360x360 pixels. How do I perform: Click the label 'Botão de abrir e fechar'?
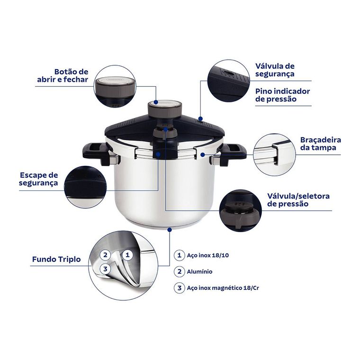[x=63, y=75]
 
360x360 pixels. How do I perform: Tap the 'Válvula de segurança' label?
[x=275, y=70]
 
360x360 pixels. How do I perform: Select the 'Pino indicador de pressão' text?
[x=283, y=95]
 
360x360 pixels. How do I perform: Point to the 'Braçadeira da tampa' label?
[x=321, y=144]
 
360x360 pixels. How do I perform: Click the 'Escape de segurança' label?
[x=38, y=179]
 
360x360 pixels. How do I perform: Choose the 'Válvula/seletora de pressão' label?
[x=298, y=200]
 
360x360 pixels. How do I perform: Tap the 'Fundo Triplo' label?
[x=56, y=259]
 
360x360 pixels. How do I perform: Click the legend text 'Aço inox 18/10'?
[x=208, y=255]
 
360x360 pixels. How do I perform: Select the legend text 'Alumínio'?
[x=199, y=271]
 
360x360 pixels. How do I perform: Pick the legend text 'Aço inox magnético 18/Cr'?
[x=223, y=288]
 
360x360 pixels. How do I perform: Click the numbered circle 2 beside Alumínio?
[x=180, y=271]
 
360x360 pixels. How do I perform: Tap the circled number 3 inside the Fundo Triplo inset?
[x=105, y=269]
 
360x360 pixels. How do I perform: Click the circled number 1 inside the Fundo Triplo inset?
[x=127, y=255]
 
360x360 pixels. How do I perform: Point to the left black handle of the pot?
[x=97, y=153]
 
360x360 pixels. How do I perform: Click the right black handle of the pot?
[x=233, y=153]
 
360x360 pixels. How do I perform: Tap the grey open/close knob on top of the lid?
[x=165, y=109]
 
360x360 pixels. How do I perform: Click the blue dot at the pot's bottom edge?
[x=170, y=230]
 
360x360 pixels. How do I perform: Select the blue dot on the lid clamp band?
[x=202, y=155]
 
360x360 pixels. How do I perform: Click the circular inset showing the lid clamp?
[x=274, y=154]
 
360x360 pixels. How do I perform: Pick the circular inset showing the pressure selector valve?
[x=240, y=210]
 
